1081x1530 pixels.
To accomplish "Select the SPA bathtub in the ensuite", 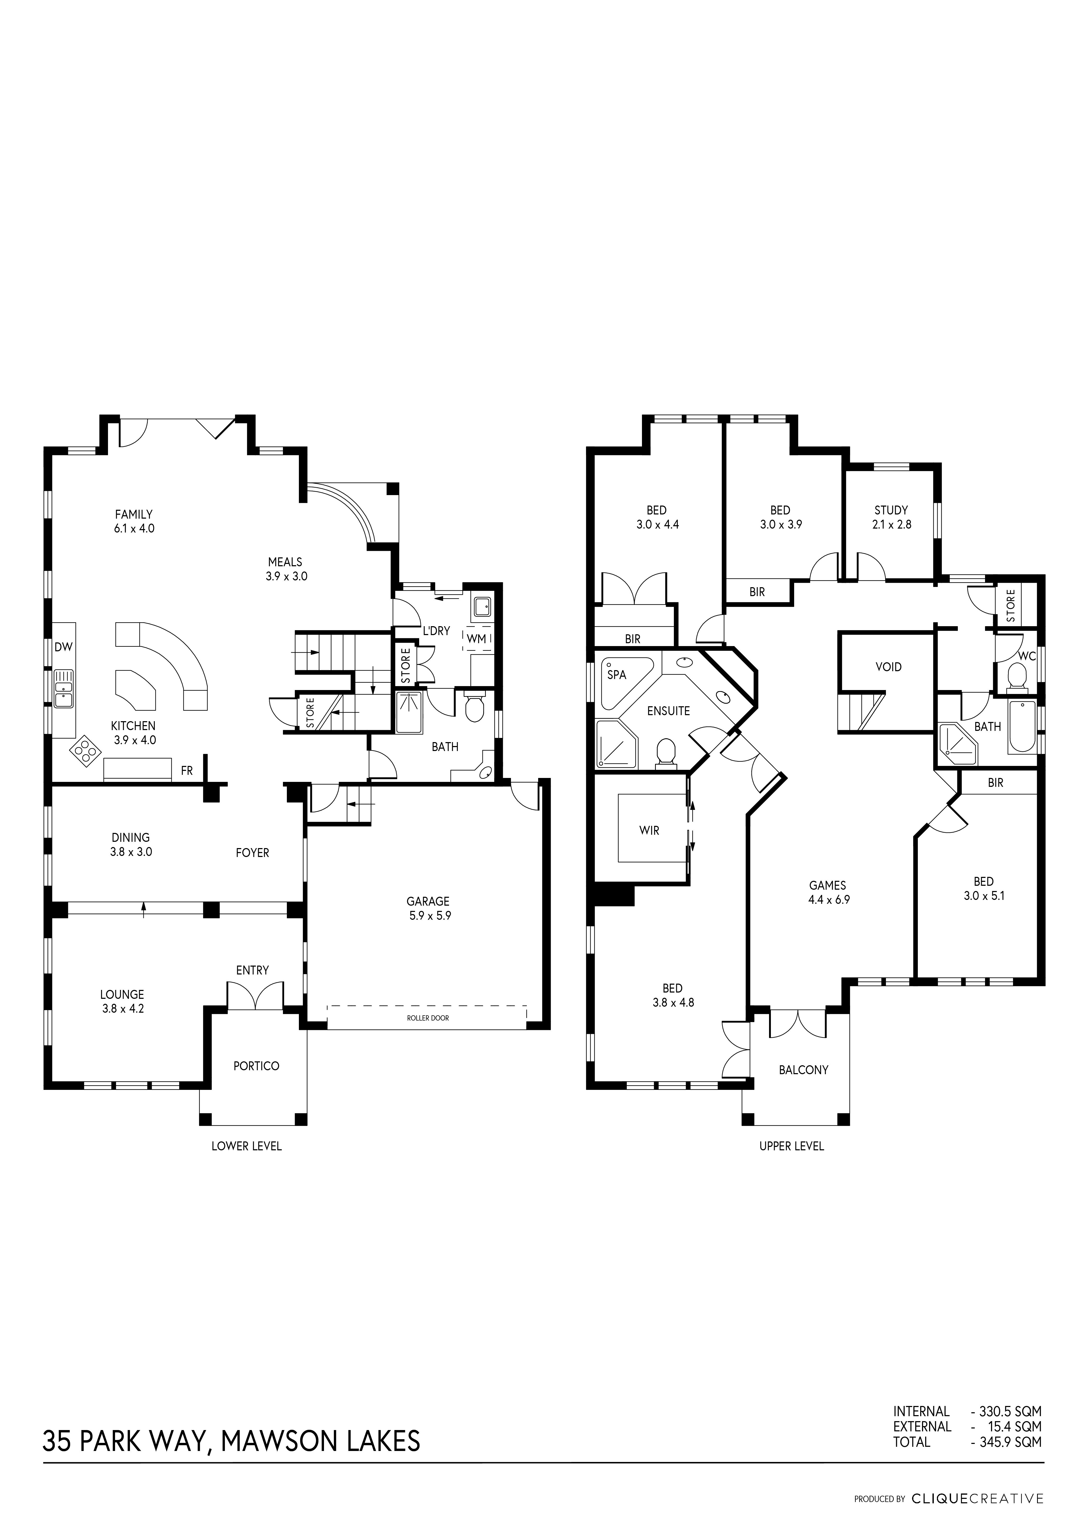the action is pyautogui.click(x=627, y=683).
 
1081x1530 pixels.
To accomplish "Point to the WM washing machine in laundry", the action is pyautogui.click(x=477, y=638).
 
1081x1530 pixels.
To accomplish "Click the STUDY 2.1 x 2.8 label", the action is pyautogui.click(x=891, y=517).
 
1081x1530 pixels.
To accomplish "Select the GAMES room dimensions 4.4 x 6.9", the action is pyautogui.click(x=828, y=899).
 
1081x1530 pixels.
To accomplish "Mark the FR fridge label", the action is pyautogui.click(x=186, y=771).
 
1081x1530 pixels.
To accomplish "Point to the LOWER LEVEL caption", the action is pyautogui.click(x=246, y=1146).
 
